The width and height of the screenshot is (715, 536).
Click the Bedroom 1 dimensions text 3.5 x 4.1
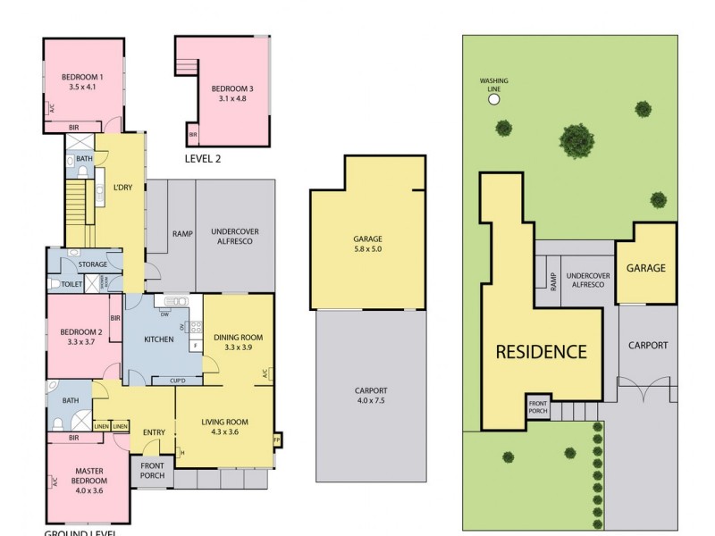[x=82, y=88]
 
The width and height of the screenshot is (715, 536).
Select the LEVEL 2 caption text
[x=202, y=159]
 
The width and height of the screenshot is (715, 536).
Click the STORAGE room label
[x=93, y=264]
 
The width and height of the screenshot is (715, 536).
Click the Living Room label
[x=230, y=422]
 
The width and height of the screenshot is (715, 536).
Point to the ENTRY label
[x=154, y=433]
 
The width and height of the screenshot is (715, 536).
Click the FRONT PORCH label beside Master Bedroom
[x=151, y=471]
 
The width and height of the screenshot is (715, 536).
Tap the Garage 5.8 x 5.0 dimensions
[x=367, y=249]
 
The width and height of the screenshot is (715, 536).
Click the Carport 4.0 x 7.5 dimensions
[x=370, y=401]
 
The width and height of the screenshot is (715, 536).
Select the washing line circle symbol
[x=493, y=99]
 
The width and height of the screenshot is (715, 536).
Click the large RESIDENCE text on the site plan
[x=542, y=351]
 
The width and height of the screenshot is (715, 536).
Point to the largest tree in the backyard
[x=576, y=139]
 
